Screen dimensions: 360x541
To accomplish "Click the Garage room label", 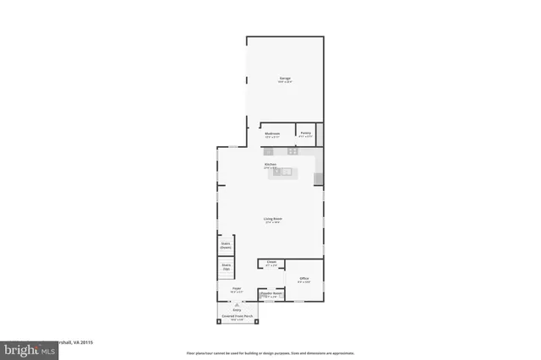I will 286,79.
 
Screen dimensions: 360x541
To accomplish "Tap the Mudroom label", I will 272,134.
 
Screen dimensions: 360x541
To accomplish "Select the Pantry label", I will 304,134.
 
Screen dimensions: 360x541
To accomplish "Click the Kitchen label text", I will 270,165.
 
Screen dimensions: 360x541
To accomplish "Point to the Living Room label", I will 272,219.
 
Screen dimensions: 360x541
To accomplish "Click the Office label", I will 303,279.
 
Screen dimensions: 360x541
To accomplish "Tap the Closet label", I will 271,263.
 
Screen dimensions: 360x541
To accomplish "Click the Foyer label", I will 237,289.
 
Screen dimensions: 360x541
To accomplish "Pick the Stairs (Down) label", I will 226,245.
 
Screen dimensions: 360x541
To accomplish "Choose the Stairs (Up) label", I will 226,267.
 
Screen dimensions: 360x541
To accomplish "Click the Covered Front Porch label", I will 238,317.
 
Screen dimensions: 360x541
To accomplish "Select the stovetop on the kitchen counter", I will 292,151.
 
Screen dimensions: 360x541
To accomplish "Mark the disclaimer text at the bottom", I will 270,353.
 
